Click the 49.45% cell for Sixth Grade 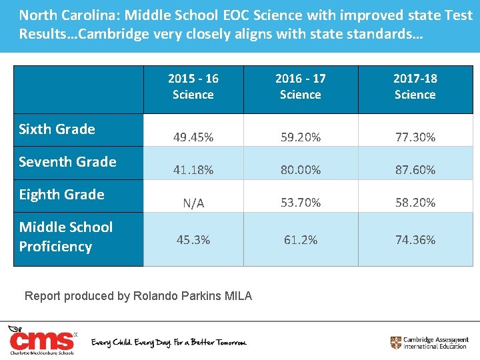coord(193,137)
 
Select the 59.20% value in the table coord(301,137)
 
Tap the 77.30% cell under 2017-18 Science coord(415,137)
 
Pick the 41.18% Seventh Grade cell coord(193,170)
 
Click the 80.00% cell coord(301,170)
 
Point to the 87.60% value coord(415,170)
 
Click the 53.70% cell coord(301,203)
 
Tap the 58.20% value coord(415,203)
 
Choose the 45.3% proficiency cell coord(193,239)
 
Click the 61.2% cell coord(301,239)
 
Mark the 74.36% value coord(415,239)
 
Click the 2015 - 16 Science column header coord(193,87)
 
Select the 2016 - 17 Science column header coord(301,87)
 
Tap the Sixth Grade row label coord(57,129)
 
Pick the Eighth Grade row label coord(62,195)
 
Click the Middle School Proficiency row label coord(66,237)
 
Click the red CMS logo coord(41,340)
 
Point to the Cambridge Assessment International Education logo coord(429,343)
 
